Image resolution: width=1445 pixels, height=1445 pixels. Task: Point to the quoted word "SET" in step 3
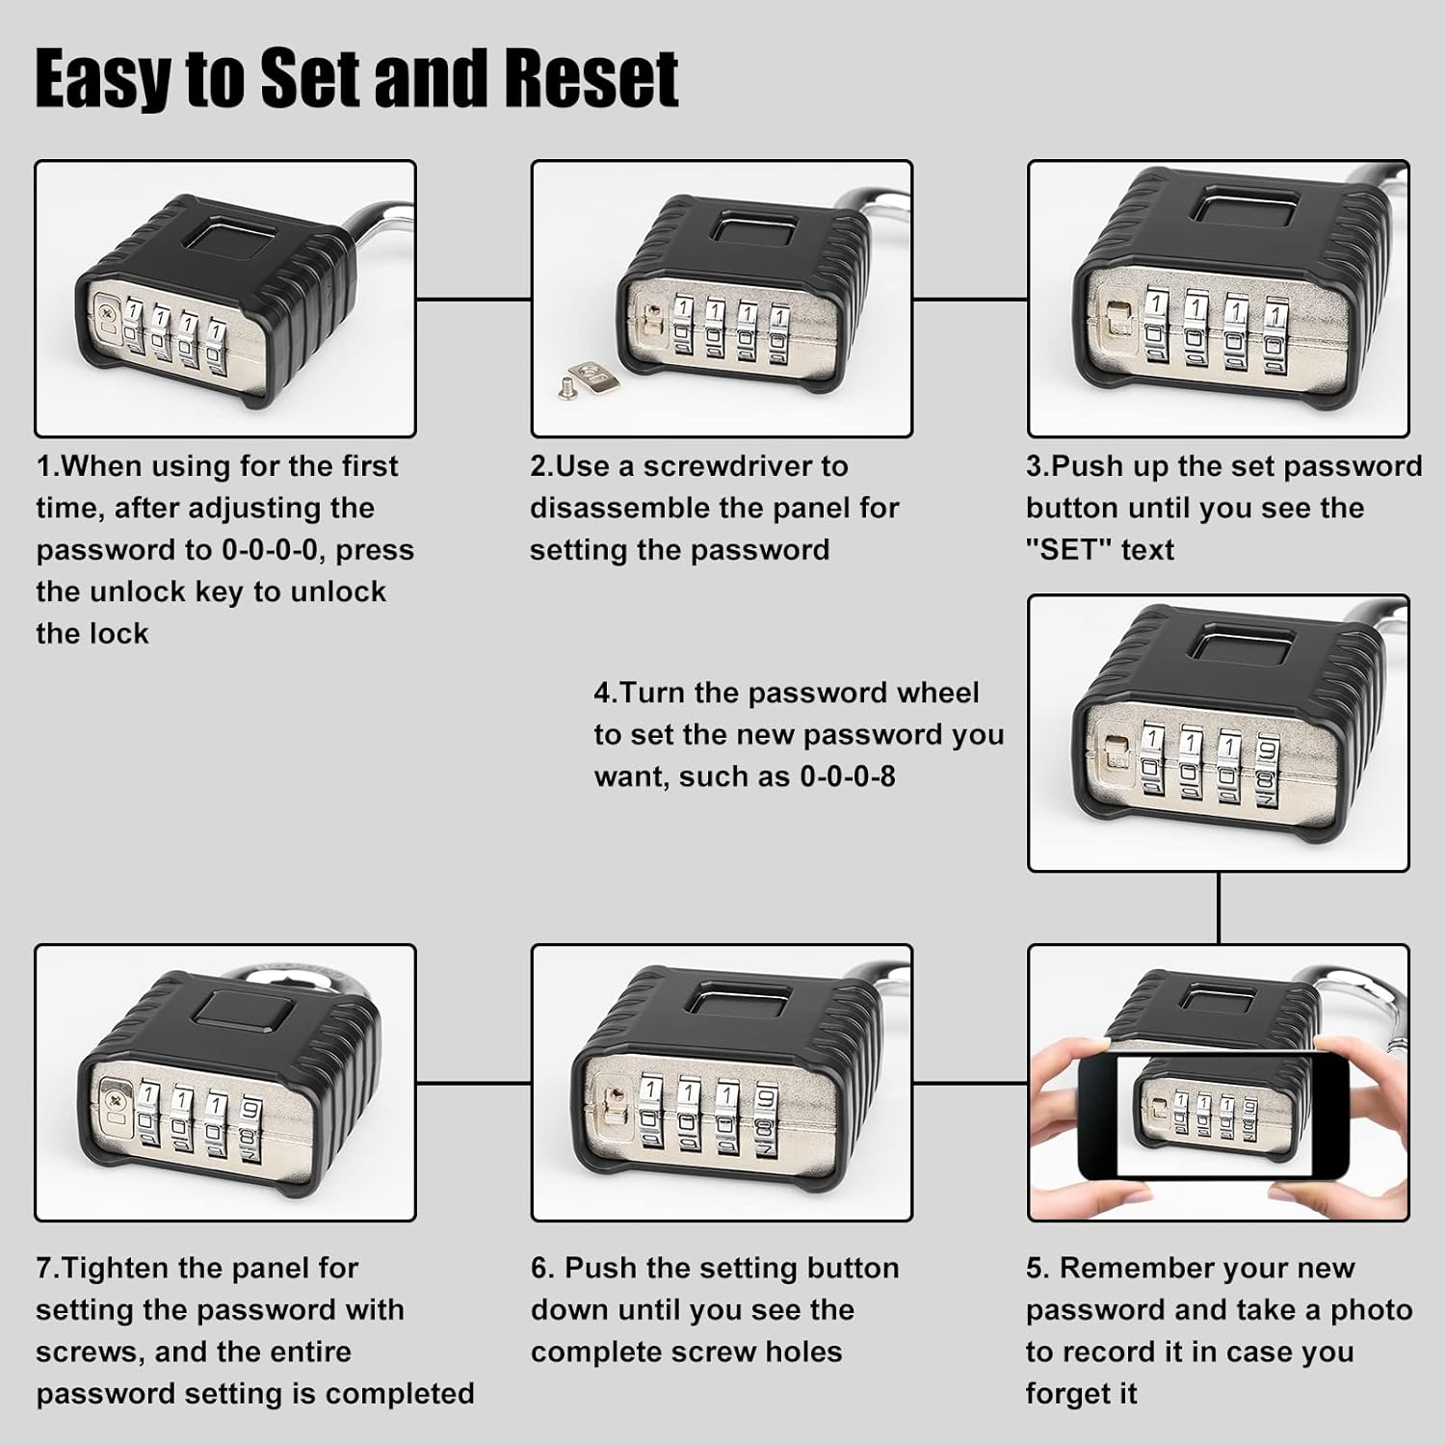point(1068,550)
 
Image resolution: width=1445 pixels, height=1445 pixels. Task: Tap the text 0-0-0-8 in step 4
point(847,776)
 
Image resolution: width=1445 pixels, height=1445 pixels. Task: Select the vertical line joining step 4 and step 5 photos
point(1219,907)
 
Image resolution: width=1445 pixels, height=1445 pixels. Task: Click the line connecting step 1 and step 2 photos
point(473,300)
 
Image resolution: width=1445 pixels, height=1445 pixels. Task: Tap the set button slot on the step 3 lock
point(1117,319)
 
